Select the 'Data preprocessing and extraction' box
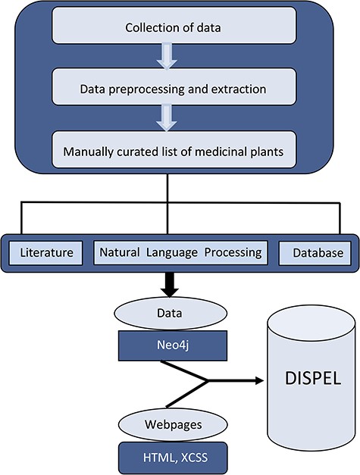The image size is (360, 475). (x=172, y=89)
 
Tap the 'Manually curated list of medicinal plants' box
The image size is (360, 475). (x=172, y=151)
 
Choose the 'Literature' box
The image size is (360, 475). (x=48, y=252)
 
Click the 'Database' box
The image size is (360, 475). (x=311, y=252)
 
